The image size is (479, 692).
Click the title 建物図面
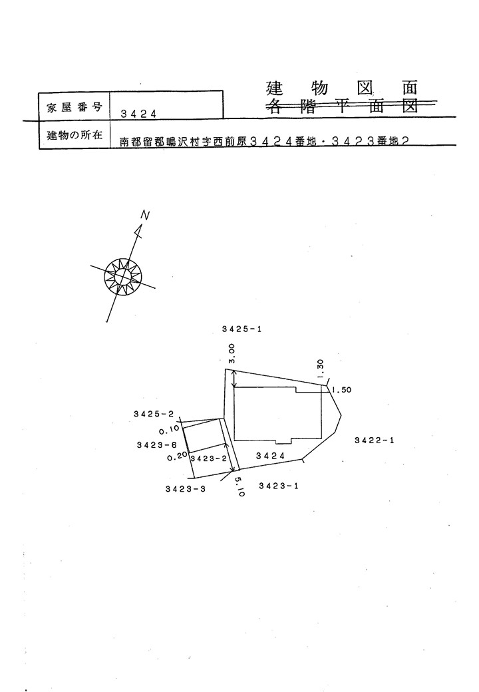pos(342,88)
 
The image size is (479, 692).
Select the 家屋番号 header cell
pos(74,106)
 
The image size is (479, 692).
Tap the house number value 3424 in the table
pos(138,114)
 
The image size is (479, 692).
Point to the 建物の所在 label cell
pos(74,134)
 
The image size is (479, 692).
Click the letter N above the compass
pos(145,216)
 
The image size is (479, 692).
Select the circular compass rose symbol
pos(123,276)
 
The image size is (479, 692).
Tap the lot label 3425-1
pos(242,329)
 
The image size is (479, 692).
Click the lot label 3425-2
pos(154,414)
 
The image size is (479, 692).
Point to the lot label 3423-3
pos(186,488)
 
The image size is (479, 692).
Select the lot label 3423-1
pos(279,486)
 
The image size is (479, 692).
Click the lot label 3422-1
pos(375,440)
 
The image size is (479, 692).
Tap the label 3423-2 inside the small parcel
pos(209,458)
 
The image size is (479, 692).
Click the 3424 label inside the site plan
pos(270,456)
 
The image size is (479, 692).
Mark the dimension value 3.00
pos(232,355)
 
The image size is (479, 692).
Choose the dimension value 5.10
pos(239,487)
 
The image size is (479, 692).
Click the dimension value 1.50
pos(341,390)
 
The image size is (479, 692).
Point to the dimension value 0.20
pos(178,458)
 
